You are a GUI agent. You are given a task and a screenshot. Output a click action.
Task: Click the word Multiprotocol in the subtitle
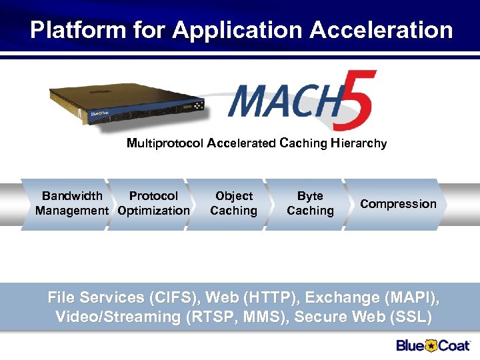pos(165,143)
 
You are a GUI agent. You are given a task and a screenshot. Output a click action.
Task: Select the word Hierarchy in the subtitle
pos(358,143)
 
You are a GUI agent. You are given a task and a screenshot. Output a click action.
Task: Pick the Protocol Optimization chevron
pos(153,203)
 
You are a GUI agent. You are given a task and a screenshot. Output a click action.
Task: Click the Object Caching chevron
pos(233,203)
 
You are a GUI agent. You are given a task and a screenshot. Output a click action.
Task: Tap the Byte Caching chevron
pos(310,203)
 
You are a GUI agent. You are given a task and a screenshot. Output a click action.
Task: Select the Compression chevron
pos(398,204)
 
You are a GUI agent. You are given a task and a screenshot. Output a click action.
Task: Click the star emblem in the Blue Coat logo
pos(431,345)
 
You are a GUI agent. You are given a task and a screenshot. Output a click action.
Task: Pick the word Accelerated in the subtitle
pos(241,143)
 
